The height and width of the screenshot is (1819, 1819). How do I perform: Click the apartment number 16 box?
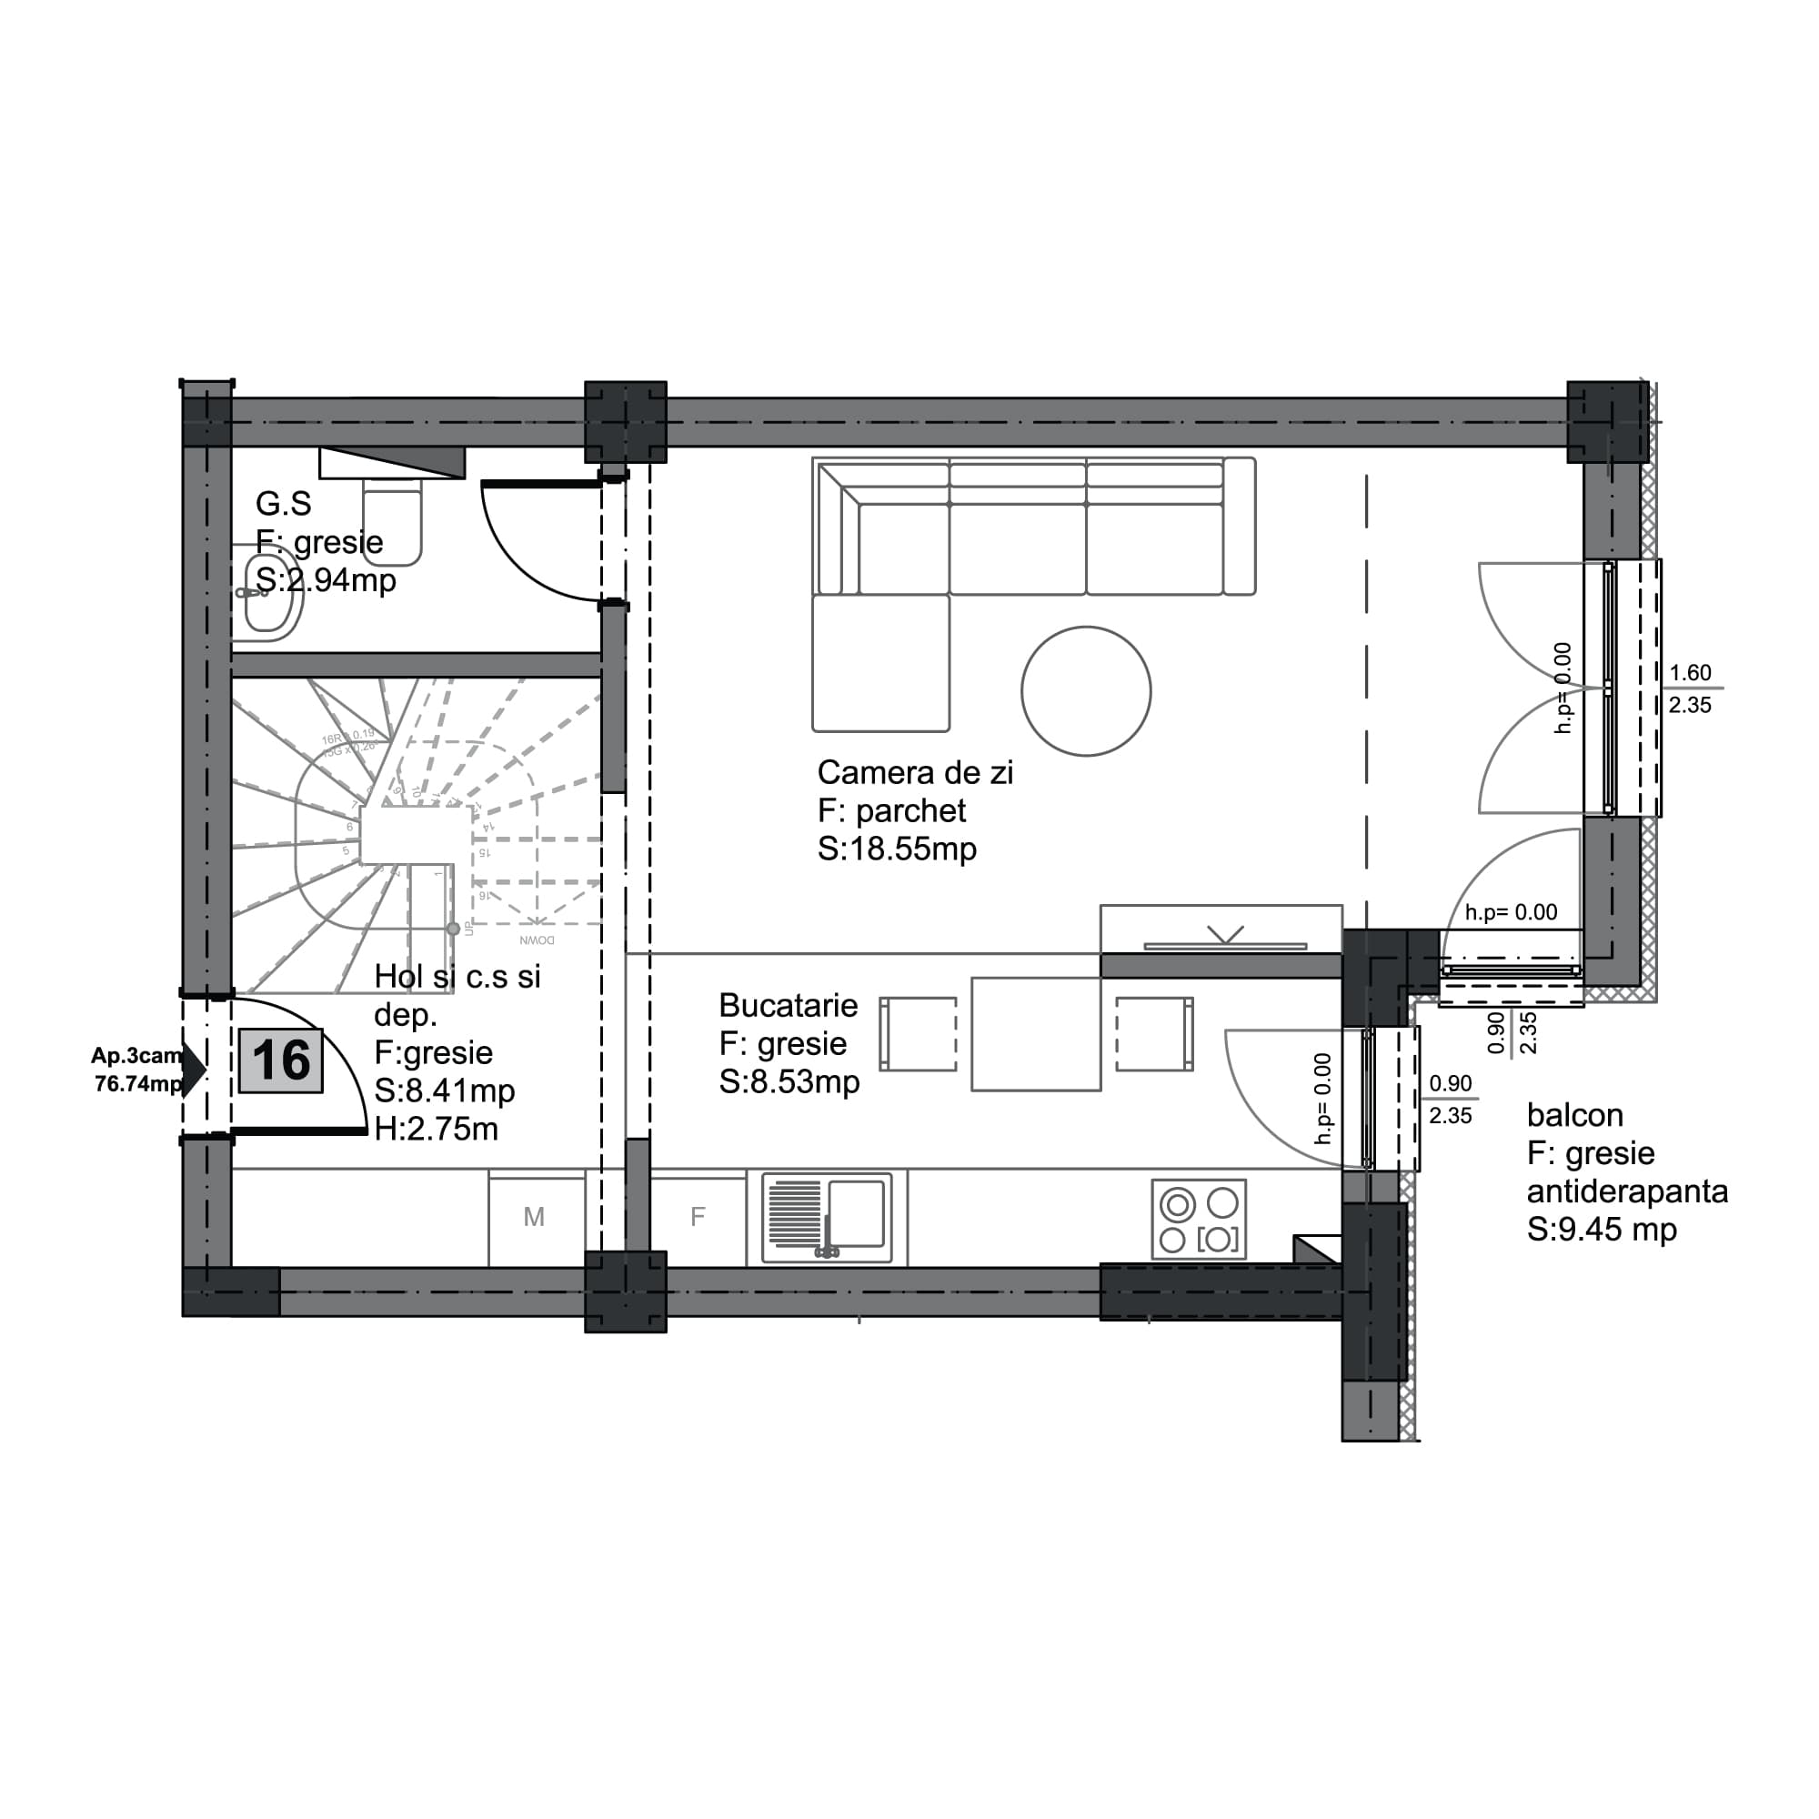(280, 1061)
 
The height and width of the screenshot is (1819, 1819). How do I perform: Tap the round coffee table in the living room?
(1086, 691)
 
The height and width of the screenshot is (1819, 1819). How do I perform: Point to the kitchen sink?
(827, 1216)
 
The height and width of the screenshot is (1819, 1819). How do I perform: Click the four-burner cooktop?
(1198, 1220)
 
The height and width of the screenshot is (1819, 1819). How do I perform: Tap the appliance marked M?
(534, 1218)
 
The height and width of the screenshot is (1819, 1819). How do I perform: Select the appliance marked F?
(698, 1218)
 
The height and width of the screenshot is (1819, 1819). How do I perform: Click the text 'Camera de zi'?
(914, 773)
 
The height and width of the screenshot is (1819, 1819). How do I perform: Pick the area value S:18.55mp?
(897, 849)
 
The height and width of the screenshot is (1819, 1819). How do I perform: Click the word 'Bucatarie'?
(788, 1006)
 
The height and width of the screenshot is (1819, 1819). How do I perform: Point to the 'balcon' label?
(1574, 1116)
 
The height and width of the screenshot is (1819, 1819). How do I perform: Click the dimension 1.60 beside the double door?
(1689, 673)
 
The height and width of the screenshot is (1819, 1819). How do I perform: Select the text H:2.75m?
(436, 1129)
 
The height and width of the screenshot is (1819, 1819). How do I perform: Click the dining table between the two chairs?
(1036, 1034)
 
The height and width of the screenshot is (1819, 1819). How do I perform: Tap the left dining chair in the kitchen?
(917, 1034)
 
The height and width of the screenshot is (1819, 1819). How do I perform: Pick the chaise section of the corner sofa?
(880, 663)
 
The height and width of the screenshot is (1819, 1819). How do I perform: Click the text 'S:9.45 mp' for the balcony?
(1602, 1230)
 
